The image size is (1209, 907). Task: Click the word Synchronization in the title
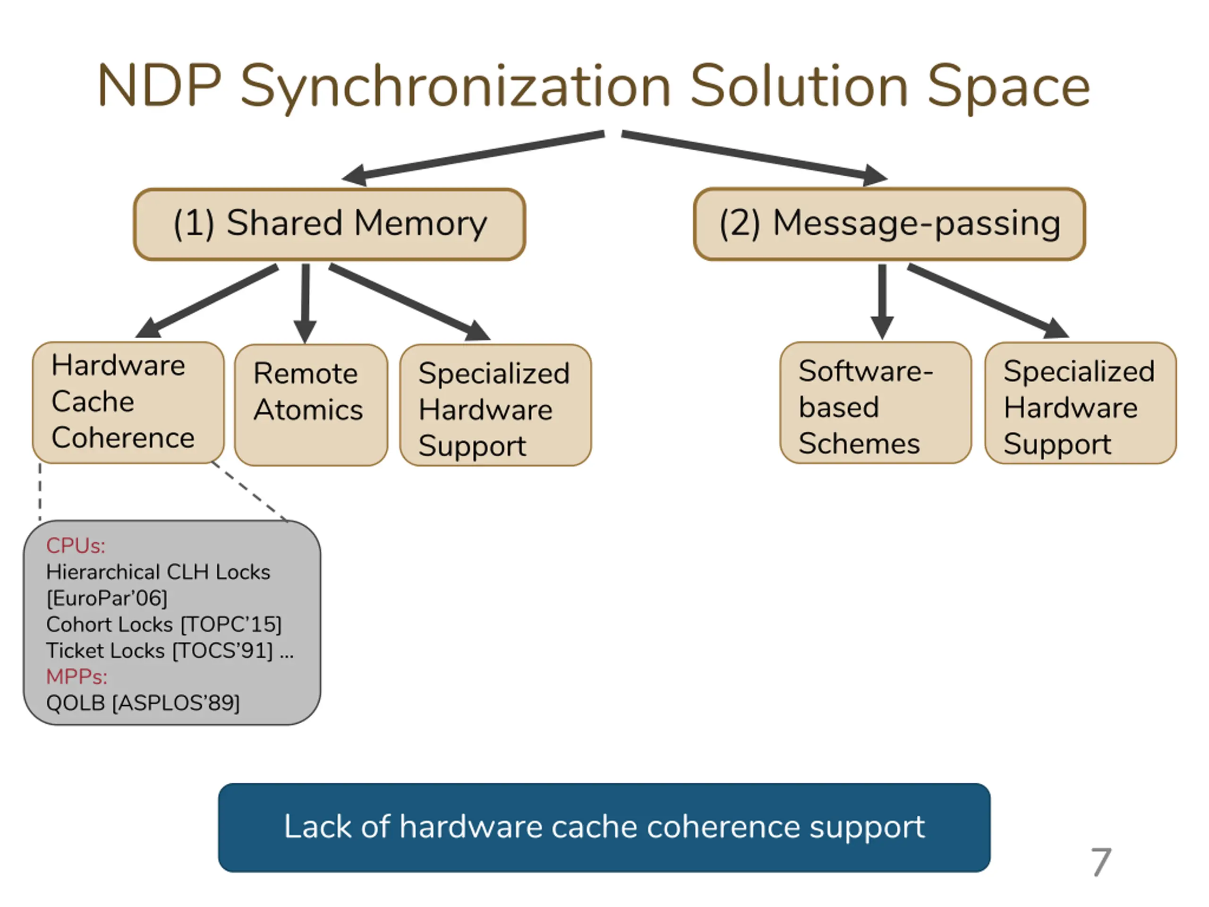point(455,87)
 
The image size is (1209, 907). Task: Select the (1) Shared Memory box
point(330,224)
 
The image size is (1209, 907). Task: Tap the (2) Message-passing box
point(889,224)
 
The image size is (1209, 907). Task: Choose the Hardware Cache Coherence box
point(128,402)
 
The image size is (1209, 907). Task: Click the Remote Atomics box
point(311,404)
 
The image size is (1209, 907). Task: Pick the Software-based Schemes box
point(876,403)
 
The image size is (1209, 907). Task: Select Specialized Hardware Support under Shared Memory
point(495,404)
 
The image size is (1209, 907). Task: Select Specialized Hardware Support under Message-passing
point(1081,403)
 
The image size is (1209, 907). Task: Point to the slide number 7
point(1101,862)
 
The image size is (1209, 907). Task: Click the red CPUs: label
point(76,546)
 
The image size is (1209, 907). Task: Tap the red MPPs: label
point(77,677)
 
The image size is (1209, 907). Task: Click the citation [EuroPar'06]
point(107,598)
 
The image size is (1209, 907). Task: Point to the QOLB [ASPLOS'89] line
point(143,703)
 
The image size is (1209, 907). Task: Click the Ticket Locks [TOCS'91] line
point(170,650)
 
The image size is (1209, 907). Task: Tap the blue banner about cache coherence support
point(604,827)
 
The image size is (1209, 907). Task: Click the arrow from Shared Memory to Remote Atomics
point(305,303)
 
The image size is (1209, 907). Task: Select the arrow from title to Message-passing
point(755,157)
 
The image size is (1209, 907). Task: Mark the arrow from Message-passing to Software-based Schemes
point(882,302)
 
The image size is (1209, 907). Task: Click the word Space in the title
point(1009,87)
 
